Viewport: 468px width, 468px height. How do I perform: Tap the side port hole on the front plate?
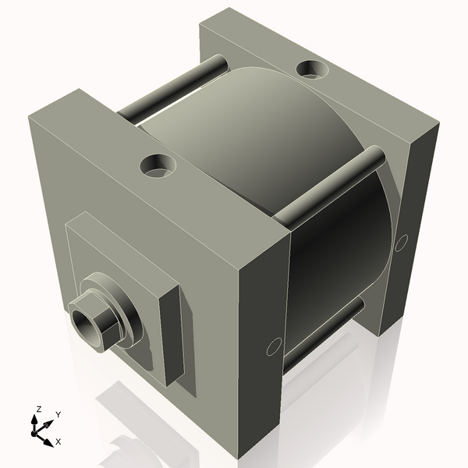coord(273,346)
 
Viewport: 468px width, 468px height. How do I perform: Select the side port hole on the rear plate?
coord(401,243)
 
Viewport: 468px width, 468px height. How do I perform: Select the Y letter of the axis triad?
coord(58,415)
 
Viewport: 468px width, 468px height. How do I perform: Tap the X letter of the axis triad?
coord(58,441)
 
